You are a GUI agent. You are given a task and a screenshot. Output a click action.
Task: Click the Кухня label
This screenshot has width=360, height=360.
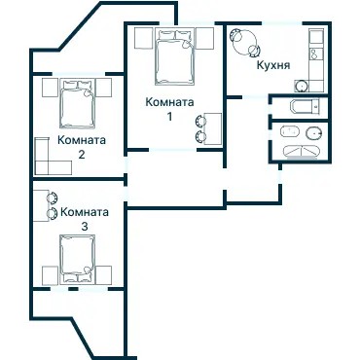274,67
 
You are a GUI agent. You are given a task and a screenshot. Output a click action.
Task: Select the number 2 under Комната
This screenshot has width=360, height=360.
82,154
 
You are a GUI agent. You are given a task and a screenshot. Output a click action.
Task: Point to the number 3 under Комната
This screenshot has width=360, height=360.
84,226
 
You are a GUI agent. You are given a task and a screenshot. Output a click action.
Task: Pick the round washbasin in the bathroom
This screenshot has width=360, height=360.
313,133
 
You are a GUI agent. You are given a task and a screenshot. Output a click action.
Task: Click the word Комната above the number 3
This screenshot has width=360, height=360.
84,211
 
